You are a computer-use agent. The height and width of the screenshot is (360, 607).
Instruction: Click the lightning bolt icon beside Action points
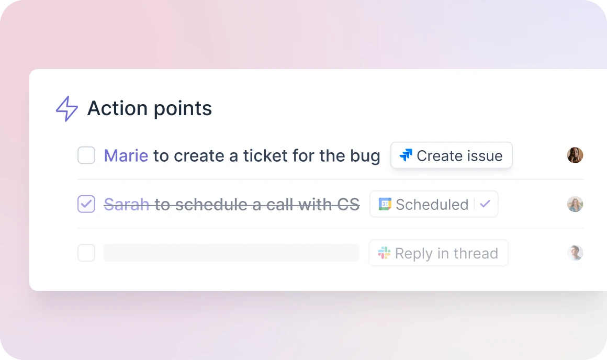pyautogui.click(x=67, y=109)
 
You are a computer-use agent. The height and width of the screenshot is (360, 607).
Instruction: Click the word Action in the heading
pyautogui.click(x=117, y=108)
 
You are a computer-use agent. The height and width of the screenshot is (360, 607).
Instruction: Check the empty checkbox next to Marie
pyautogui.click(x=86, y=155)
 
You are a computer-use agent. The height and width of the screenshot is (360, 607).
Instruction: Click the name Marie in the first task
pyautogui.click(x=126, y=156)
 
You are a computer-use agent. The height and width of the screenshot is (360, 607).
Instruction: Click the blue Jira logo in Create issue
pyautogui.click(x=406, y=155)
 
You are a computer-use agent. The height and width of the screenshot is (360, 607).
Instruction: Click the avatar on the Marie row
pyautogui.click(x=575, y=155)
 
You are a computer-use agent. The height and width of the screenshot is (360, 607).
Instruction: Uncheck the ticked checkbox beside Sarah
pyautogui.click(x=86, y=204)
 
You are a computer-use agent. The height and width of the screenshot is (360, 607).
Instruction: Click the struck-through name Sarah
pyautogui.click(x=127, y=205)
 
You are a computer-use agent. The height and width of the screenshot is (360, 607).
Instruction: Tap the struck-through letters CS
pyautogui.click(x=348, y=205)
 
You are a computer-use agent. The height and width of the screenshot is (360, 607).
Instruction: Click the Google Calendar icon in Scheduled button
pyautogui.click(x=385, y=204)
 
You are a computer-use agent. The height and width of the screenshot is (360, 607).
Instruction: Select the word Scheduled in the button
pyautogui.click(x=432, y=205)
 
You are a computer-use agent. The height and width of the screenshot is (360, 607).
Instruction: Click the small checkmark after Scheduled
pyautogui.click(x=485, y=204)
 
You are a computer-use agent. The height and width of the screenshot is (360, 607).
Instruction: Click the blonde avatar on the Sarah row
pyautogui.click(x=575, y=204)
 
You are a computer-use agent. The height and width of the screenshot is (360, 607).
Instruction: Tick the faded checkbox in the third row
pyautogui.click(x=86, y=253)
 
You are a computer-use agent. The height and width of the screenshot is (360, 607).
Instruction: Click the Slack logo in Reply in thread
pyautogui.click(x=384, y=253)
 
